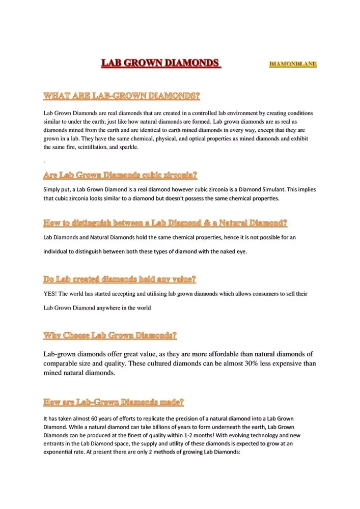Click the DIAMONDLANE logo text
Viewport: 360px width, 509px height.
coord(292,64)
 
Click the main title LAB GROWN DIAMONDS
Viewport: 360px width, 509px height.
coord(160,63)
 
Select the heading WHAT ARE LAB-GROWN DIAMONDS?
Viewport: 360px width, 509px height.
coord(121,95)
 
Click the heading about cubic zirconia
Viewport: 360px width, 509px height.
coord(120,176)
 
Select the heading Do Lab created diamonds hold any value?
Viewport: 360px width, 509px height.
coord(120,279)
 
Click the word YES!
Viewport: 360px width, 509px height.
coord(50,294)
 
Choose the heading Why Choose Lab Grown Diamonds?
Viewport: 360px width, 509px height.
coord(110,335)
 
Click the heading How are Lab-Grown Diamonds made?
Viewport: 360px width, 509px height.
coord(114,403)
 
